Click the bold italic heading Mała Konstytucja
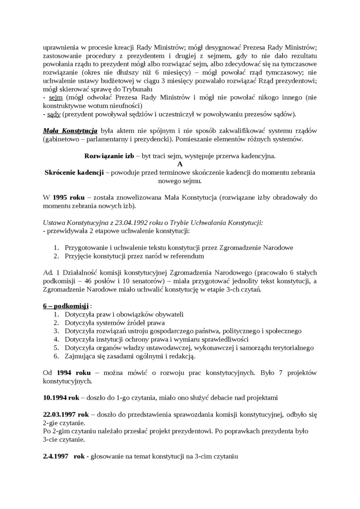click(x=70, y=130)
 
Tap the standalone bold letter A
click(x=180, y=164)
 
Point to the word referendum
click(x=186, y=256)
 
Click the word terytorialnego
click(x=289, y=348)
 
